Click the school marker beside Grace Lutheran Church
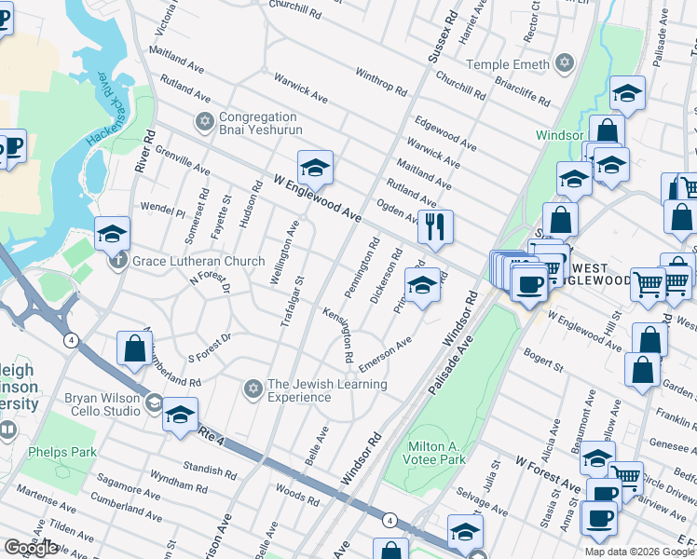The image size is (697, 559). (x=112, y=234)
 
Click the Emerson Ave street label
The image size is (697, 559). (x=385, y=355)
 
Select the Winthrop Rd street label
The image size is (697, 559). (x=381, y=86)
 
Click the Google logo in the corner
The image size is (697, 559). (x=31, y=548)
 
